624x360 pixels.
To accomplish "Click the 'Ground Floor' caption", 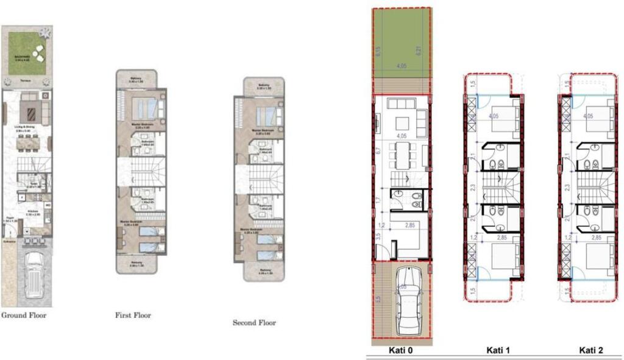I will point(24,316).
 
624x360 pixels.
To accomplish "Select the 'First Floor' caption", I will point(133,316).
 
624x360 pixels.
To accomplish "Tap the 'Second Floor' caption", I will point(254,322).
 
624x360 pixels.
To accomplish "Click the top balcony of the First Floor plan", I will point(138,80).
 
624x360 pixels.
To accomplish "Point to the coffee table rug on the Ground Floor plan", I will point(29,111).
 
